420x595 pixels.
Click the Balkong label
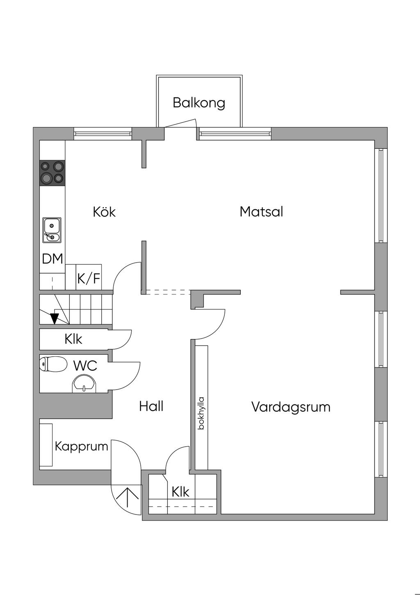click(x=199, y=103)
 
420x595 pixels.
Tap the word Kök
click(x=104, y=212)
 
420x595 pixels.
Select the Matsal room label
click(x=261, y=212)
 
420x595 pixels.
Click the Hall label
click(x=151, y=406)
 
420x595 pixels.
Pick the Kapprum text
click(x=81, y=447)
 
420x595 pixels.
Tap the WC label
click(x=85, y=366)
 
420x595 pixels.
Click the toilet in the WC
click(x=53, y=364)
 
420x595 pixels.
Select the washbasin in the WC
click(x=84, y=383)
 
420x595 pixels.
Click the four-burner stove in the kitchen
click(x=52, y=173)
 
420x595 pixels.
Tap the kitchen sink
click(x=52, y=230)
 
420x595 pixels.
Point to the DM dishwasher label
click(x=52, y=258)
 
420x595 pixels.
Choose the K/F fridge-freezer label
click(x=89, y=278)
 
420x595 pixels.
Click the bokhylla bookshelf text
click(x=201, y=413)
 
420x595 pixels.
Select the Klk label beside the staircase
click(x=73, y=339)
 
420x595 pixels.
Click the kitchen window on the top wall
click(x=103, y=134)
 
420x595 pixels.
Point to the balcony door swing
click(x=180, y=123)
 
